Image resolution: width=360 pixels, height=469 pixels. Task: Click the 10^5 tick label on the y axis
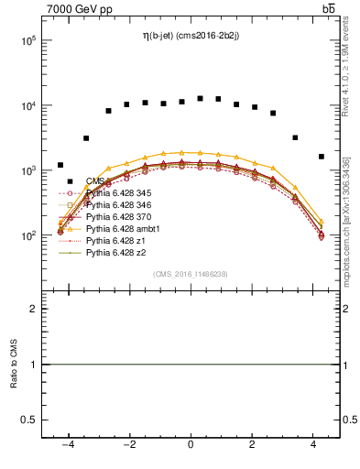coord(30,41)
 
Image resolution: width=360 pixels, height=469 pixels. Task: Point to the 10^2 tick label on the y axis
coord(30,236)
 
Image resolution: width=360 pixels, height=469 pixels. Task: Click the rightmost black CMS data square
coord(321,157)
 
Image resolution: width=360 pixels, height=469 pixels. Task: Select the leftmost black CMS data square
coord(60,165)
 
